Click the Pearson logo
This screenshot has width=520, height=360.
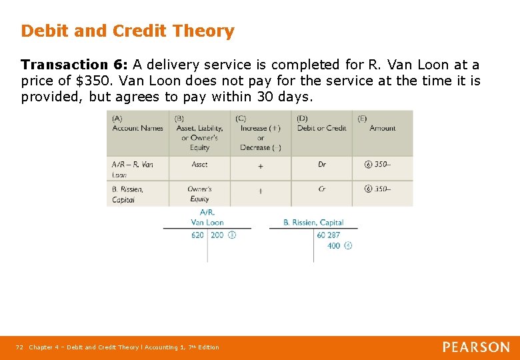point(476,347)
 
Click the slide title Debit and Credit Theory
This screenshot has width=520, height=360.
point(127,31)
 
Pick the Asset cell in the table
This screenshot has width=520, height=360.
point(199,164)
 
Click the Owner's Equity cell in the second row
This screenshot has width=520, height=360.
point(199,194)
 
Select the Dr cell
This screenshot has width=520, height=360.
point(322,164)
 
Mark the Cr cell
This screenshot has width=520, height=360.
point(322,189)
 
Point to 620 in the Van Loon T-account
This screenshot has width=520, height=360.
point(197,235)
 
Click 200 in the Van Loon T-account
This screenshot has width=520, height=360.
point(217,235)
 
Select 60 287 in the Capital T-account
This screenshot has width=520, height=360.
point(328,235)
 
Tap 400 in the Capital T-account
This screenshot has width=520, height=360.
point(334,245)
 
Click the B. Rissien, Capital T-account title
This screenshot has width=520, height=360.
point(313,223)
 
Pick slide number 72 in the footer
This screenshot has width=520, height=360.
point(19,347)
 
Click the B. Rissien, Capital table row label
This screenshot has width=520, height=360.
point(128,194)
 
